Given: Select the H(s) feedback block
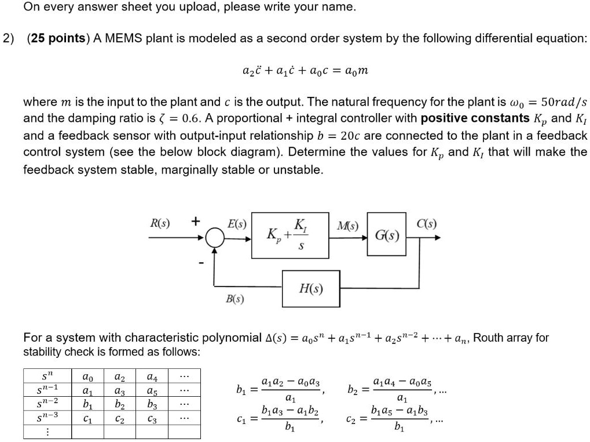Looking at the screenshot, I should [311, 288].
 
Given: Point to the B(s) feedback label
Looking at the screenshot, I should [234, 299].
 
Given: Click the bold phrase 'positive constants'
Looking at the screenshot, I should [475, 119].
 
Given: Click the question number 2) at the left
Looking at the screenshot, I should [8, 38].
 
